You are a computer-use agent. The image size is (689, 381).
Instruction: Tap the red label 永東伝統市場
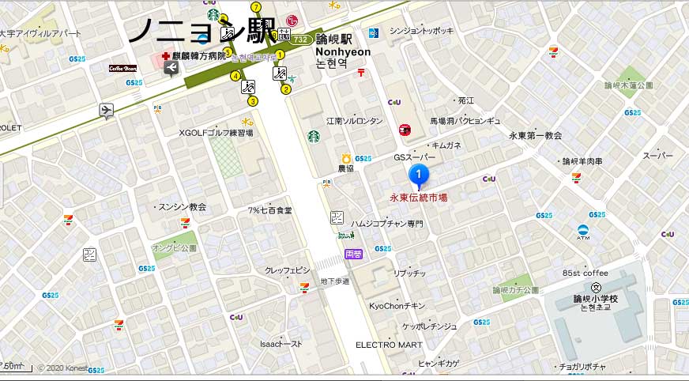[419, 198]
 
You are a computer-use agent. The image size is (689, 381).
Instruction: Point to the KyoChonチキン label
[397, 305]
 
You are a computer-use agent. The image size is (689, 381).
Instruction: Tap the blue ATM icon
[583, 231]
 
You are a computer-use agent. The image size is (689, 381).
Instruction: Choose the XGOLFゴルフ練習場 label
[216, 133]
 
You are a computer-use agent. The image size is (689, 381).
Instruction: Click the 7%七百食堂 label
[270, 210]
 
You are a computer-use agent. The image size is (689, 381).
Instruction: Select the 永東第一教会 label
[535, 136]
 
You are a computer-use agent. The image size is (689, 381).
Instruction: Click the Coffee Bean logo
[123, 69]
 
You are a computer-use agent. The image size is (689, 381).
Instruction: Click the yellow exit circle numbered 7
[256, 7]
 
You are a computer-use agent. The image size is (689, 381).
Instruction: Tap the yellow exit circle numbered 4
[235, 76]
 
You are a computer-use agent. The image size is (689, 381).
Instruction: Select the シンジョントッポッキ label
[422, 31]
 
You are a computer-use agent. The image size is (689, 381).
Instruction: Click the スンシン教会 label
[182, 206]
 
